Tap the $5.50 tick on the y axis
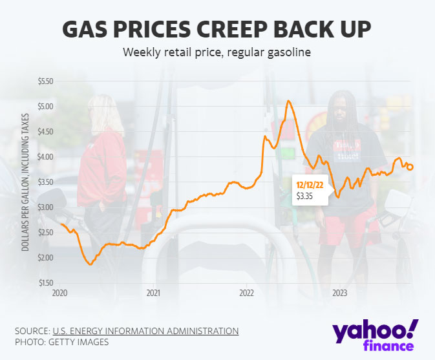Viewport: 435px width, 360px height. coord(46,81)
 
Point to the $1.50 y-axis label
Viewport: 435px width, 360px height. coord(46,283)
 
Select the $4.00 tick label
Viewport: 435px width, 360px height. coord(46,157)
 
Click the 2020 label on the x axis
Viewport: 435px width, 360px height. coord(60,293)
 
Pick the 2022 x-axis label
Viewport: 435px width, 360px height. coord(247,293)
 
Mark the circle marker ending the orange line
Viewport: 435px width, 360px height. coord(410,167)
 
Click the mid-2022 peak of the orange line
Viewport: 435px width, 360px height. coord(288,101)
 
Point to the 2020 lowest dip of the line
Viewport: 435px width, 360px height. coord(90,264)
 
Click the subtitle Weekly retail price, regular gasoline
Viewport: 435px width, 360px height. coord(217,52)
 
